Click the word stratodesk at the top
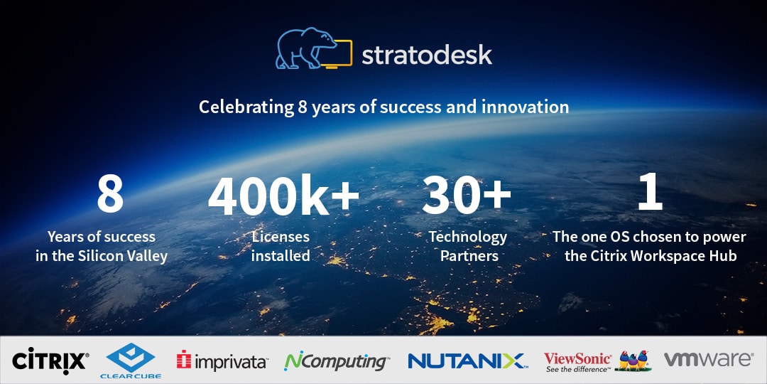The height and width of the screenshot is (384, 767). [x=427, y=55]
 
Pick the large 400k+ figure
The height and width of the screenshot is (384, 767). [x=283, y=194]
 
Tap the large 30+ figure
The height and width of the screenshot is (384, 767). [x=466, y=194]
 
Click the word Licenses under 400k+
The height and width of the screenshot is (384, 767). [x=281, y=237]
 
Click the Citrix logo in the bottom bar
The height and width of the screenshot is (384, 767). [x=50, y=361]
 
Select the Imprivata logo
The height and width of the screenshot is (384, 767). [x=222, y=361]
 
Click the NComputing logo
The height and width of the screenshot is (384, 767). [x=337, y=361]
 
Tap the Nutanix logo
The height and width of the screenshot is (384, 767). [x=467, y=361]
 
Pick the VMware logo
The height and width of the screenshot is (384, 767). [x=708, y=359]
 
